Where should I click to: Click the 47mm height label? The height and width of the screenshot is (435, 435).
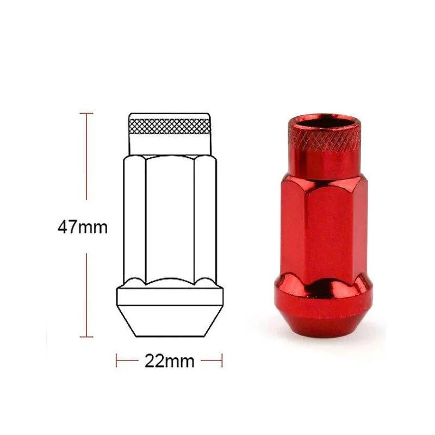point(83,227)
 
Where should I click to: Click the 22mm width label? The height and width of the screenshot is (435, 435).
point(170,361)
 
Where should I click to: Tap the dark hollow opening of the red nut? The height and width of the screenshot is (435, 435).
point(324,121)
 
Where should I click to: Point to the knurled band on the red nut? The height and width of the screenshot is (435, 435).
point(324,139)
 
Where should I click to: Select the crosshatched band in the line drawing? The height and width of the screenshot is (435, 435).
point(170,126)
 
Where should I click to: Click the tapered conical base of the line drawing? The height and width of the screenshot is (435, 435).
point(170,321)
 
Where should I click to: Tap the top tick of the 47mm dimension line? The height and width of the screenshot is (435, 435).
point(86,114)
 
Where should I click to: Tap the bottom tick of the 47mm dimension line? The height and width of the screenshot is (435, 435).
point(86,337)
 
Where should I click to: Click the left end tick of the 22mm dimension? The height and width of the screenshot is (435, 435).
point(116,361)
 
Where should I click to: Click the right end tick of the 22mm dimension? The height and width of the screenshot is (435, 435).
point(222,361)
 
